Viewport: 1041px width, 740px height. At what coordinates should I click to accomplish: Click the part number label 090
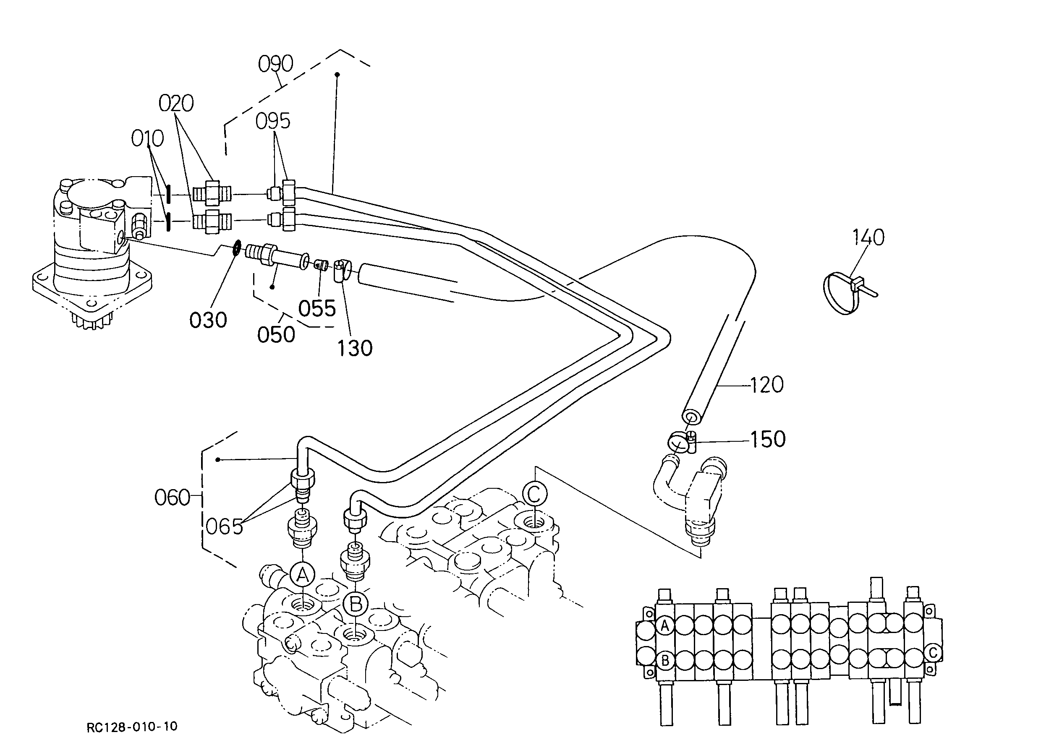click(x=275, y=64)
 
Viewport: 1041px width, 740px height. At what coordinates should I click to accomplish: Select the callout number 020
click(x=176, y=104)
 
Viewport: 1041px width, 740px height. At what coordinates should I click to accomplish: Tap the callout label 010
click(x=147, y=138)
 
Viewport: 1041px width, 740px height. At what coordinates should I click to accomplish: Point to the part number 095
click(x=273, y=121)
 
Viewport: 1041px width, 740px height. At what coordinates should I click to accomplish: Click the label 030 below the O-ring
click(x=208, y=320)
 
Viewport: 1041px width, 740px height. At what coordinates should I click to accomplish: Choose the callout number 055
click(x=317, y=308)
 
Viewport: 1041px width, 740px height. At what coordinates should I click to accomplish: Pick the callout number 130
click(x=355, y=349)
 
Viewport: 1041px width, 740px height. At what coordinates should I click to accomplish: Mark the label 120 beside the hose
click(x=766, y=385)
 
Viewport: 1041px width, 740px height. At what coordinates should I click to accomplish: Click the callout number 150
click(x=768, y=439)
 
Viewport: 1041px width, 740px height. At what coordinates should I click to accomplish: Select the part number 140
click(x=868, y=237)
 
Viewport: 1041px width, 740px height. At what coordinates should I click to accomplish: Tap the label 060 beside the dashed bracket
click(x=172, y=498)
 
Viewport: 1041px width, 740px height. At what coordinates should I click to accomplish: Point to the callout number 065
click(x=224, y=527)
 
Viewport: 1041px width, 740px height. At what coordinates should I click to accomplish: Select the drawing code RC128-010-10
click(x=132, y=726)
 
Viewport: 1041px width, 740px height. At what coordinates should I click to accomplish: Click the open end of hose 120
click(x=691, y=417)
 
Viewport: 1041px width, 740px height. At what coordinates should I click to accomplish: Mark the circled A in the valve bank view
click(x=665, y=625)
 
